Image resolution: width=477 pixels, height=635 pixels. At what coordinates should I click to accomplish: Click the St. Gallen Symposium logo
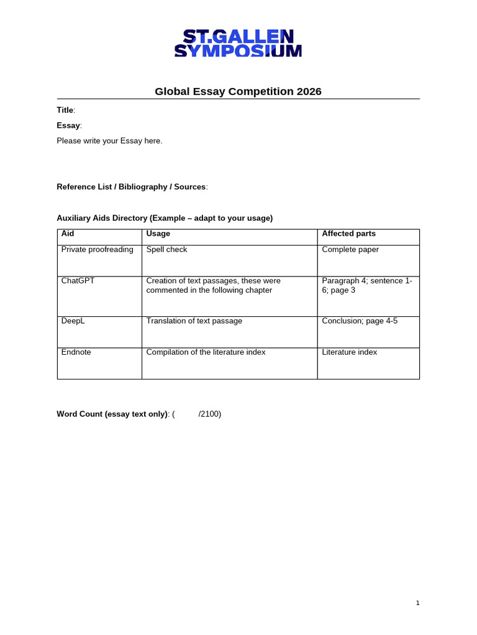pyautogui.click(x=238, y=43)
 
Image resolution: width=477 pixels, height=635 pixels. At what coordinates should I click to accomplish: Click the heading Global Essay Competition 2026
pyautogui.click(x=238, y=92)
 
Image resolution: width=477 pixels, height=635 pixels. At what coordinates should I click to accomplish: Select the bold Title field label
pyautogui.click(x=65, y=110)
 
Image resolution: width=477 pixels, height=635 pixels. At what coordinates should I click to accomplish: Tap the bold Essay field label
pyautogui.click(x=68, y=125)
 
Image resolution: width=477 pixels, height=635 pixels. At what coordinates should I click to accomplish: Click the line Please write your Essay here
pyautogui.click(x=109, y=141)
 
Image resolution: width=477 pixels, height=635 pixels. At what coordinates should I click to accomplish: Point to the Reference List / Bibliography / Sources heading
pyautogui.click(x=131, y=187)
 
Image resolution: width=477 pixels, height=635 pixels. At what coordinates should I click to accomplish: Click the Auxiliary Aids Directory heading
pyautogui.click(x=165, y=218)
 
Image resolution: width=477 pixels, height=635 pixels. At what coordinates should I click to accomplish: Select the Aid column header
pyautogui.click(x=68, y=234)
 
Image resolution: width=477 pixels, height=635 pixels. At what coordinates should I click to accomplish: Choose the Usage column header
pyautogui.click(x=158, y=234)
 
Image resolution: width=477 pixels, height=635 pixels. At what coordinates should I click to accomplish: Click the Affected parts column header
pyautogui.click(x=348, y=234)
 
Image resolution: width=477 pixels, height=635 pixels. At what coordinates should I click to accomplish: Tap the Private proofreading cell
pyautogui.click(x=98, y=249)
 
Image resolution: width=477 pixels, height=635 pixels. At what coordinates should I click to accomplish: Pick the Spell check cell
pyautogui.click(x=166, y=249)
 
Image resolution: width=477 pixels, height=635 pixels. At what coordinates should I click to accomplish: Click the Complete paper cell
pyautogui.click(x=350, y=249)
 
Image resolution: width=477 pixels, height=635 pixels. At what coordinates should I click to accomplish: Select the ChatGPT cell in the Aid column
pyautogui.click(x=78, y=280)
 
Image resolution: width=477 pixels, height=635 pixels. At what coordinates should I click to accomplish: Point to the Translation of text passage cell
pyautogui.click(x=194, y=321)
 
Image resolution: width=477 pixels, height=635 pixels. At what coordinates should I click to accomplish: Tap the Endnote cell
pyautogui.click(x=76, y=352)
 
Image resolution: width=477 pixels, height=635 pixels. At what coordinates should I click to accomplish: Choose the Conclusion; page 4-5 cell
pyautogui.click(x=360, y=321)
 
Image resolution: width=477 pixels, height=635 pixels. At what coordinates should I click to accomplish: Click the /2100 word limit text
pyautogui.click(x=210, y=414)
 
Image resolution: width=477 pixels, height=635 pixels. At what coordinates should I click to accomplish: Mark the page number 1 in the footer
pyautogui.click(x=418, y=603)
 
